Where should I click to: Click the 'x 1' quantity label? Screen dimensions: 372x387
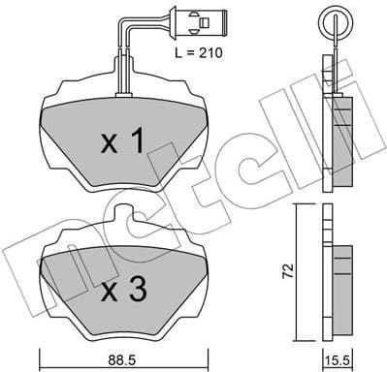(123, 143)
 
